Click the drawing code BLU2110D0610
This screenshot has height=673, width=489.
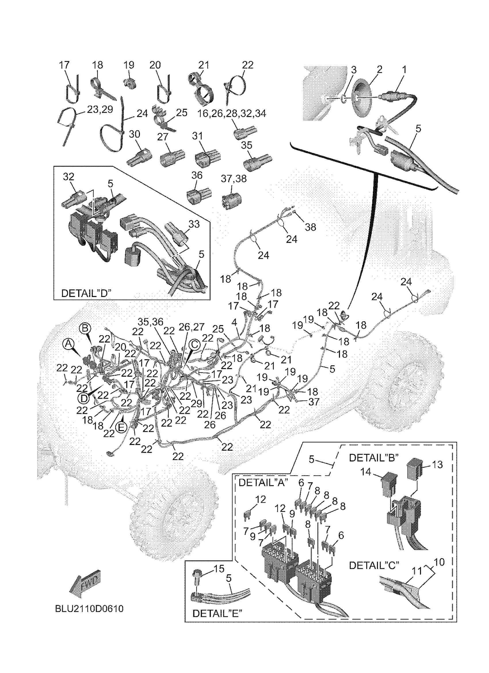(x=89, y=609)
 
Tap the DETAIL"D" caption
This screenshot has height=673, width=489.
(x=86, y=293)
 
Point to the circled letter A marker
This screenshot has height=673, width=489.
(x=68, y=344)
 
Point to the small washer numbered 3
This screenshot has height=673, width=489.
(x=343, y=98)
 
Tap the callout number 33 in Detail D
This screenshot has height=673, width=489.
(x=194, y=224)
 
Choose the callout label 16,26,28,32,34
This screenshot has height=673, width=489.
(x=232, y=113)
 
